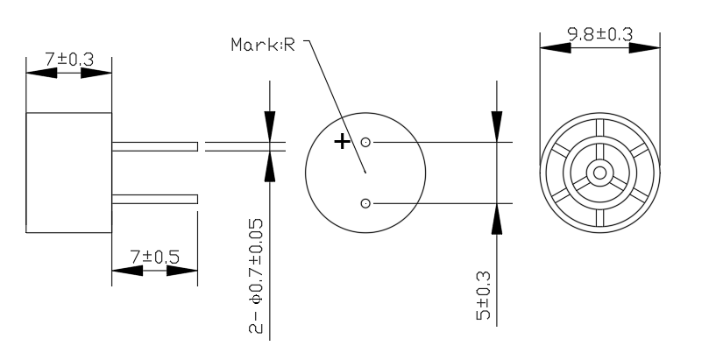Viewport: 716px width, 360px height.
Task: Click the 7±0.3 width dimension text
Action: (69, 60)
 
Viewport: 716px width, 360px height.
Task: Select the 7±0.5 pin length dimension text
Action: (155, 258)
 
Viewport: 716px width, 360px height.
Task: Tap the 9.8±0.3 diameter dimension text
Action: (600, 34)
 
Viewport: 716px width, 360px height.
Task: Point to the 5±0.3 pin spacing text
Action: (483, 296)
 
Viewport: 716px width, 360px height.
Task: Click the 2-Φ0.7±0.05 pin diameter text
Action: (256, 276)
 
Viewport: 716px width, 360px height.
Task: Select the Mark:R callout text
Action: (263, 45)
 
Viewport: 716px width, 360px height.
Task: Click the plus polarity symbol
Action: (342, 142)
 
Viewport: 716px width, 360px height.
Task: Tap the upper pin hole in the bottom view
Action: (365, 143)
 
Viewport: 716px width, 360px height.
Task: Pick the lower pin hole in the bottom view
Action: (365, 203)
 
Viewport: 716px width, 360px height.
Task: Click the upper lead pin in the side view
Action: (155, 146)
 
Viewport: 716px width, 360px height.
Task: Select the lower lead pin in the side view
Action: (155, 199)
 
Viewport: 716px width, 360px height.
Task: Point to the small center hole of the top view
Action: (600, 173)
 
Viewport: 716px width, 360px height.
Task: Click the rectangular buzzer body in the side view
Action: (69, 173)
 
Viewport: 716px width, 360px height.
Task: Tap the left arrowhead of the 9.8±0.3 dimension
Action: (556, 47)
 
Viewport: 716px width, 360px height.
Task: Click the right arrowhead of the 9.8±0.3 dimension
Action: (645, 47)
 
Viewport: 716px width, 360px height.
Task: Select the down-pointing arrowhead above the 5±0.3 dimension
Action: (497, 127)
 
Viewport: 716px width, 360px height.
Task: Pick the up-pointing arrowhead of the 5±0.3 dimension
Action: (497, 219)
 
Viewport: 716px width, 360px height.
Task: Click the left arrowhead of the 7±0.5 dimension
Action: (127, 271)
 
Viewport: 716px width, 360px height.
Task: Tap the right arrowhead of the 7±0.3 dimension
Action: (96, 73)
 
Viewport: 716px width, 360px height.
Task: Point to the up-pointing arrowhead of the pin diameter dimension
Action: (270, 166)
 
